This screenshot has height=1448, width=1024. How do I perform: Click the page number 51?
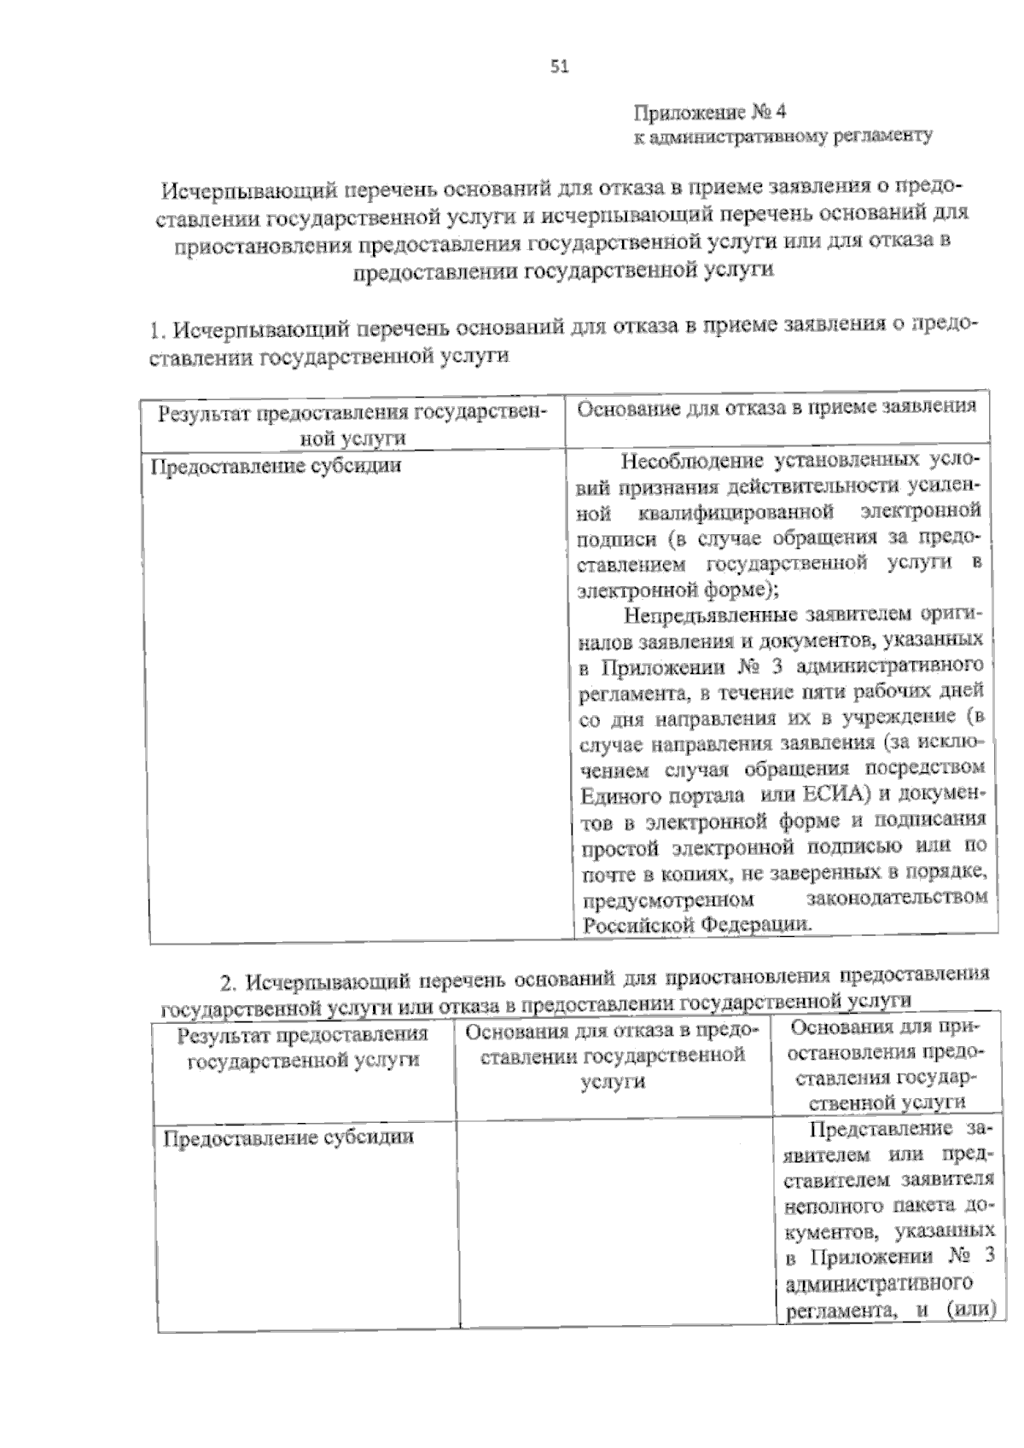(x=560, y=67)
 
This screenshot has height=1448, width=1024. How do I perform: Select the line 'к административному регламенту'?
(x=783, y=135)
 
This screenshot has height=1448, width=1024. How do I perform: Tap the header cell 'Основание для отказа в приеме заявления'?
(x=777, y=407)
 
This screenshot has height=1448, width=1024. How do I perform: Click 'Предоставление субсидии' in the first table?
(x=276, y=466)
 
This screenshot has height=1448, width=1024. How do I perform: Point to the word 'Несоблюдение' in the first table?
(x=692, y=462)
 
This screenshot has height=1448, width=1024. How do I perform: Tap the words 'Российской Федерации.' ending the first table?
(x=696, y=925)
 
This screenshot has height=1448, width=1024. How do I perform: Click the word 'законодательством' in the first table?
(x=897, y=898)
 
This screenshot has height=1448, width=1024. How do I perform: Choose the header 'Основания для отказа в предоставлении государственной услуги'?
(x=613, y=1056)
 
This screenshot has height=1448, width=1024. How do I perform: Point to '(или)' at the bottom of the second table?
(x=973, y=1311)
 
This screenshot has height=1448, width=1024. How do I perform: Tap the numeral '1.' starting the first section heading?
(x=155, y=330)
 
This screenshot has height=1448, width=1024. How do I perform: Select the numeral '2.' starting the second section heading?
(x=228, y=983)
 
